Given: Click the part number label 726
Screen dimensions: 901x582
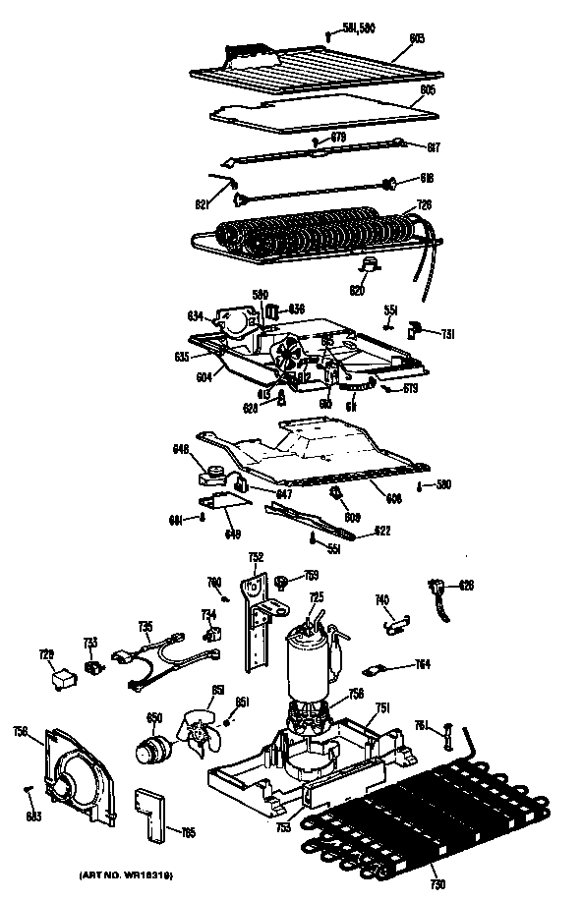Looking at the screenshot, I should click(x=425, y=204).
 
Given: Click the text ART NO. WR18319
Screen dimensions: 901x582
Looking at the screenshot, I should click(x=129, y=873).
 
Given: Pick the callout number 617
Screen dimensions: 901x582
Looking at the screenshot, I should click(x=433, y=147).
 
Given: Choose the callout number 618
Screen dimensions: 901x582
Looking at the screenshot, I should click(x=427, y=179).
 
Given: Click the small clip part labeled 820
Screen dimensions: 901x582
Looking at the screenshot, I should click(x=370, y=264).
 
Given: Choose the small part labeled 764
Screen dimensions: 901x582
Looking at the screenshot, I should click(x=375, y=670).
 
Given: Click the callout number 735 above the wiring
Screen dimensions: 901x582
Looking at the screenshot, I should click(x=145, y=626).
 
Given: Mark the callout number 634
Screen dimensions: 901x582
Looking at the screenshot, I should click(x=197, y=315).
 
